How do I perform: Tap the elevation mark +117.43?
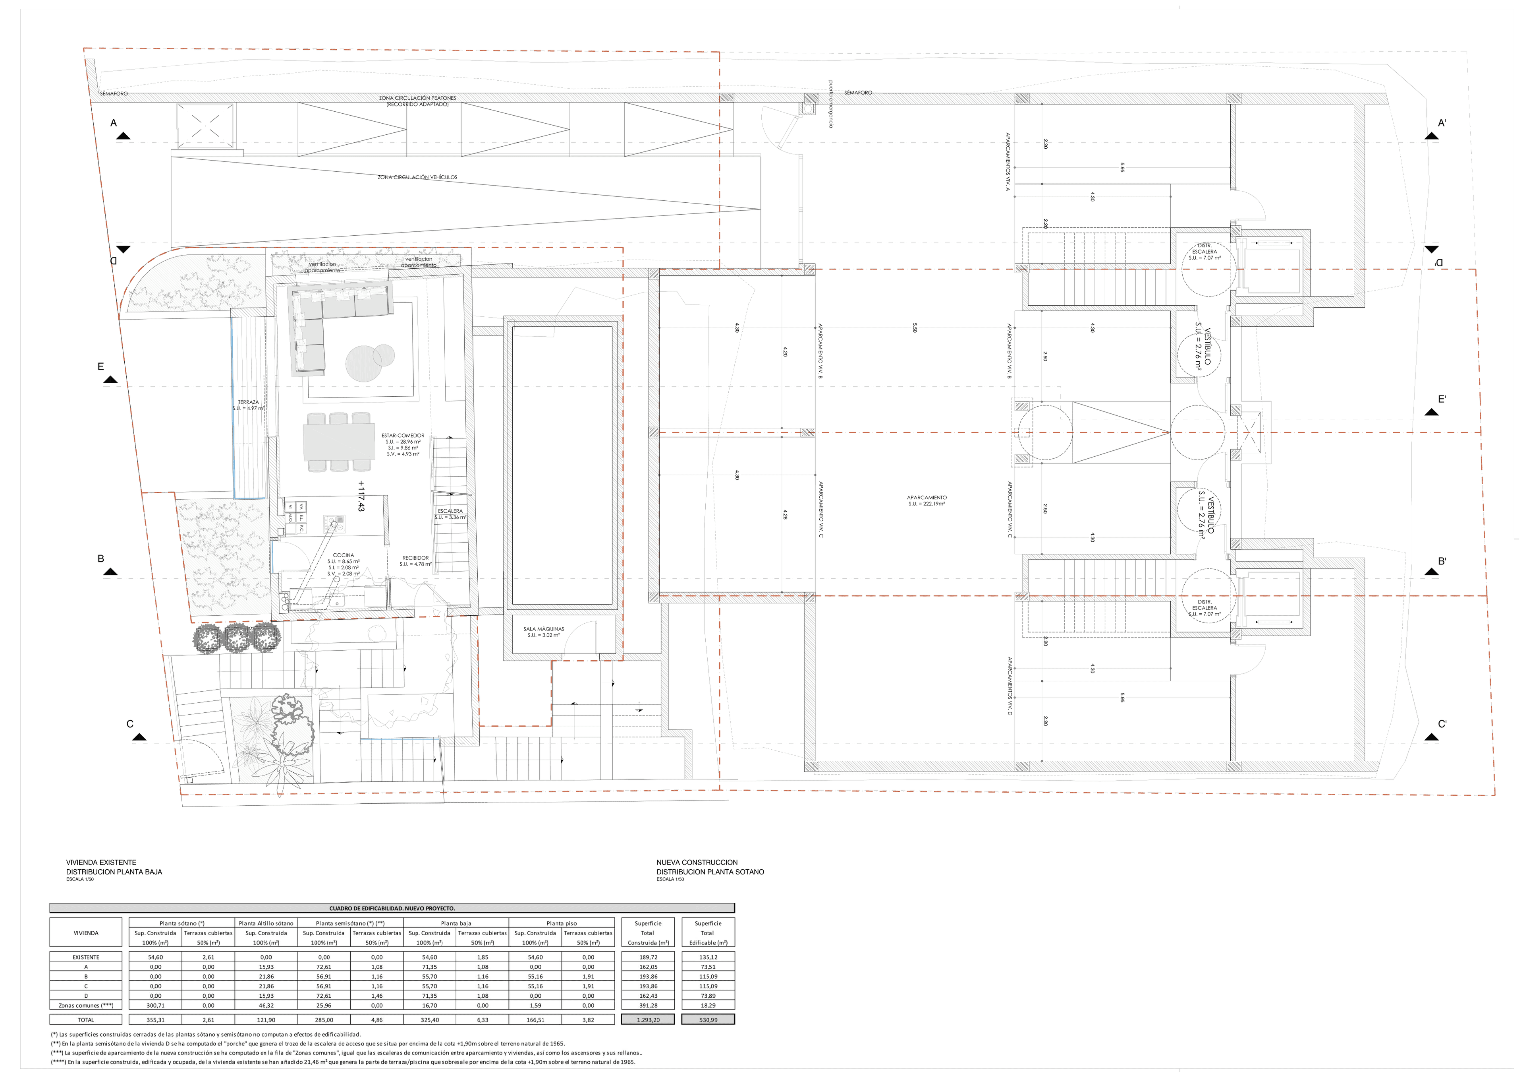[x=361, y=496]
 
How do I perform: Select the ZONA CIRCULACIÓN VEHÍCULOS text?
[x=417, y=177]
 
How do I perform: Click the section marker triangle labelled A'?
[x=1431, y=136]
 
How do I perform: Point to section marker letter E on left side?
[x=101, y=366]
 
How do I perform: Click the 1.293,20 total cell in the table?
[x=648, y=1019]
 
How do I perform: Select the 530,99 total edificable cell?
[x=708, y=1019]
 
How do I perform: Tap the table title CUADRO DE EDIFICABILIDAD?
[x=392, y=908]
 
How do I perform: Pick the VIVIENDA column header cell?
[x=86, y=933]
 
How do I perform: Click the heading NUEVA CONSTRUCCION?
[x=697, y=862]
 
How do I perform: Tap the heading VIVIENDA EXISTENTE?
[x=101, y=862]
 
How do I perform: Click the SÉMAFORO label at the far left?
[x=114, y=94]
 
